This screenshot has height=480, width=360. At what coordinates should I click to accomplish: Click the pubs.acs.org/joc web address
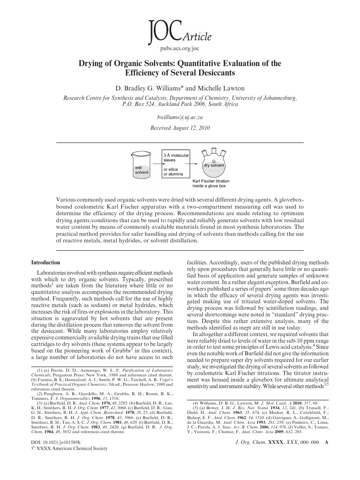click(180, 48)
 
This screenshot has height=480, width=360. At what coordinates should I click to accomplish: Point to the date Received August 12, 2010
click(180, 127)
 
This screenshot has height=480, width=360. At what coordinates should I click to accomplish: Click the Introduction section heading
click(45, 262)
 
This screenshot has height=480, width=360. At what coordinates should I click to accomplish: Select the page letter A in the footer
click(327, 455)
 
